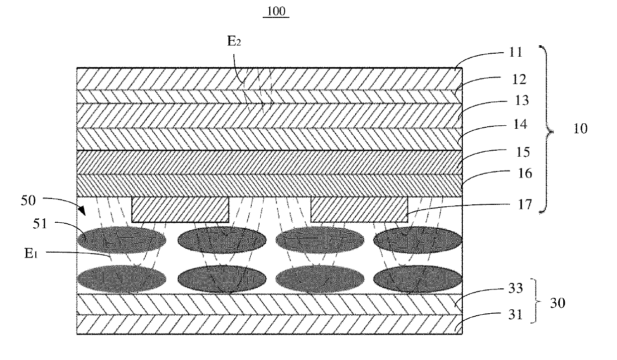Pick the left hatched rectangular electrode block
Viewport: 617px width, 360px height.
tap(180, 209)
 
